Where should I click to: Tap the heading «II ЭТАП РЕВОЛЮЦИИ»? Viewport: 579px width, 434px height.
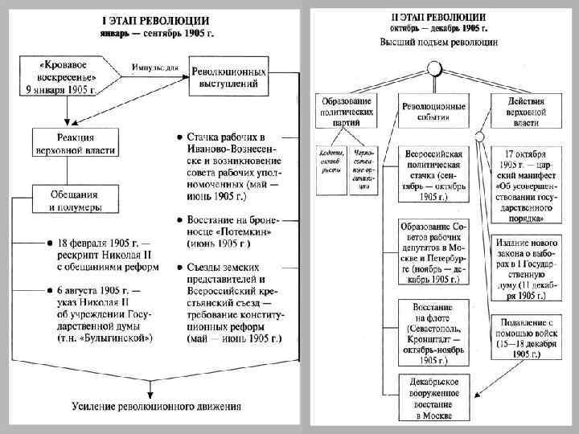(437, 16)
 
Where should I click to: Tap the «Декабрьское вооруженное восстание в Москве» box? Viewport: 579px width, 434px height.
(433, 397)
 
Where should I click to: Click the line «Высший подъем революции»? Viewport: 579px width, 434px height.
(439, 41)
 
